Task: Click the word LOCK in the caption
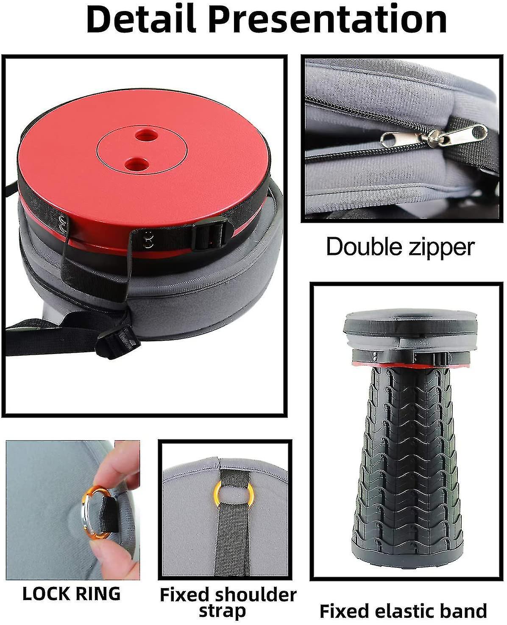(45, 594)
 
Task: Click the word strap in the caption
(222, 611)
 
